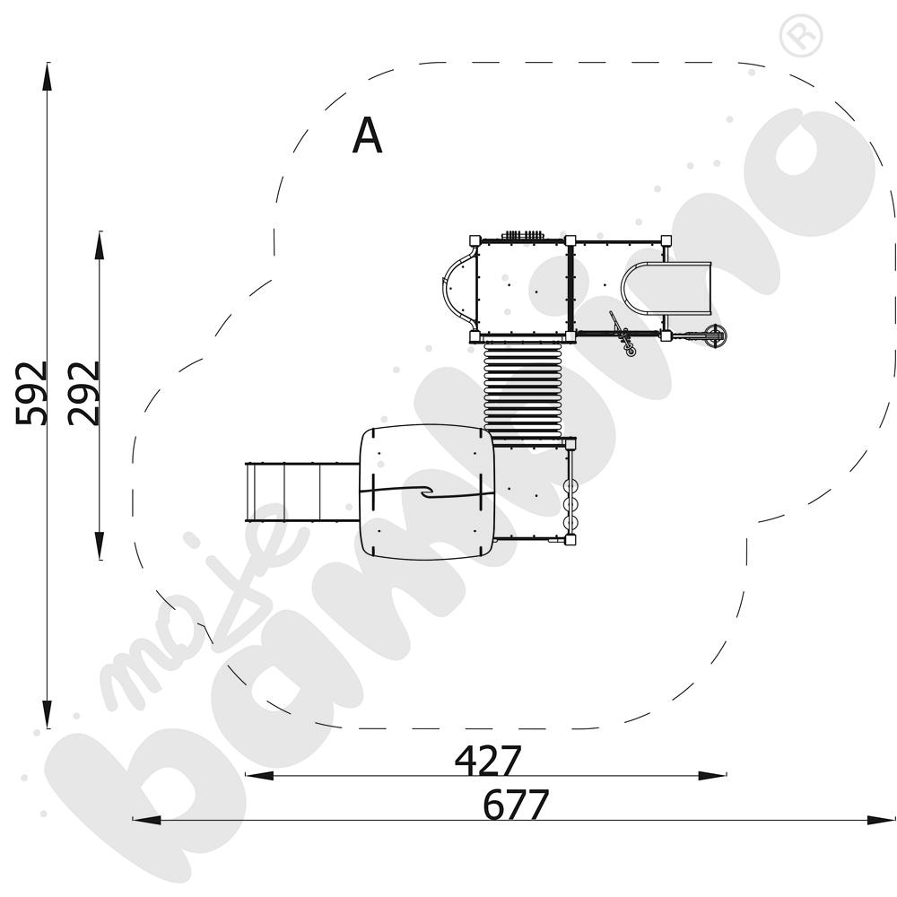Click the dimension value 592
point(30,394)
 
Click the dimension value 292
point(83,394)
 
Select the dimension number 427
point(488,760)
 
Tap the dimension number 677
point(516,805)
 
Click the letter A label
point(367,135)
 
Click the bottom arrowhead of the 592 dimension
point(47,714)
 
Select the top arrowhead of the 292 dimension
point(100,246)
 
